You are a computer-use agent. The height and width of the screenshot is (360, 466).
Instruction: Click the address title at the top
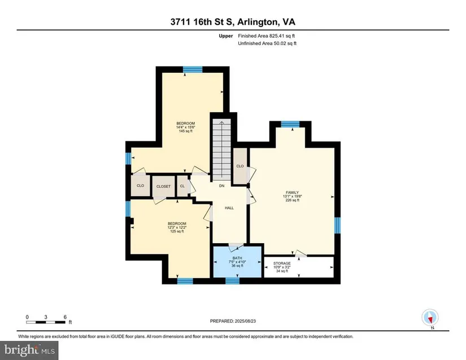click(233, 22)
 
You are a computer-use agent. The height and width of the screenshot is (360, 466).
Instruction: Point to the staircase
click(221, 150)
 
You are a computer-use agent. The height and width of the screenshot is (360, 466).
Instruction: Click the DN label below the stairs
click(222, 186)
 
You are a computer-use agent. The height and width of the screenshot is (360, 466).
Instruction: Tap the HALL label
click(229, 208)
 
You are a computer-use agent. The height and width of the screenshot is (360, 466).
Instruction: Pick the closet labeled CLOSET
click(163, 186)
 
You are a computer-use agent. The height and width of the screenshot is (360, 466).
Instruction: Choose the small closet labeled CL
click(182, 186)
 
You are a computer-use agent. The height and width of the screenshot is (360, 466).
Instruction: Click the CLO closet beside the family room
click(240, 166)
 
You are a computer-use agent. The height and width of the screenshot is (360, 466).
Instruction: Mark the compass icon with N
click(430, 318)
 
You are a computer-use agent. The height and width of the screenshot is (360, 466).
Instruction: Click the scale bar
click(46, 322)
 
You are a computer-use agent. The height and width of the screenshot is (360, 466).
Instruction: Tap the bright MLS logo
click(29, 350)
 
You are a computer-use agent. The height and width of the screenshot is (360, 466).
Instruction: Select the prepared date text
click(233, 321)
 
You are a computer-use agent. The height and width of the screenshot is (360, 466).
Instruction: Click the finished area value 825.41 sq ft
click(282, 36)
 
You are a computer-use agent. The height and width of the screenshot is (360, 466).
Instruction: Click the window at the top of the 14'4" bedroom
click(193, 69)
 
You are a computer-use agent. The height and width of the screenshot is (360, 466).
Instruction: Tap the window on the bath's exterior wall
click(232, 281)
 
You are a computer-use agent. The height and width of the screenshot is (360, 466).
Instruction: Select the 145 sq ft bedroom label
click(185, 127)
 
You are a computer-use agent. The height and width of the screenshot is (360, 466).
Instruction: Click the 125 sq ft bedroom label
click(177, 227)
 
